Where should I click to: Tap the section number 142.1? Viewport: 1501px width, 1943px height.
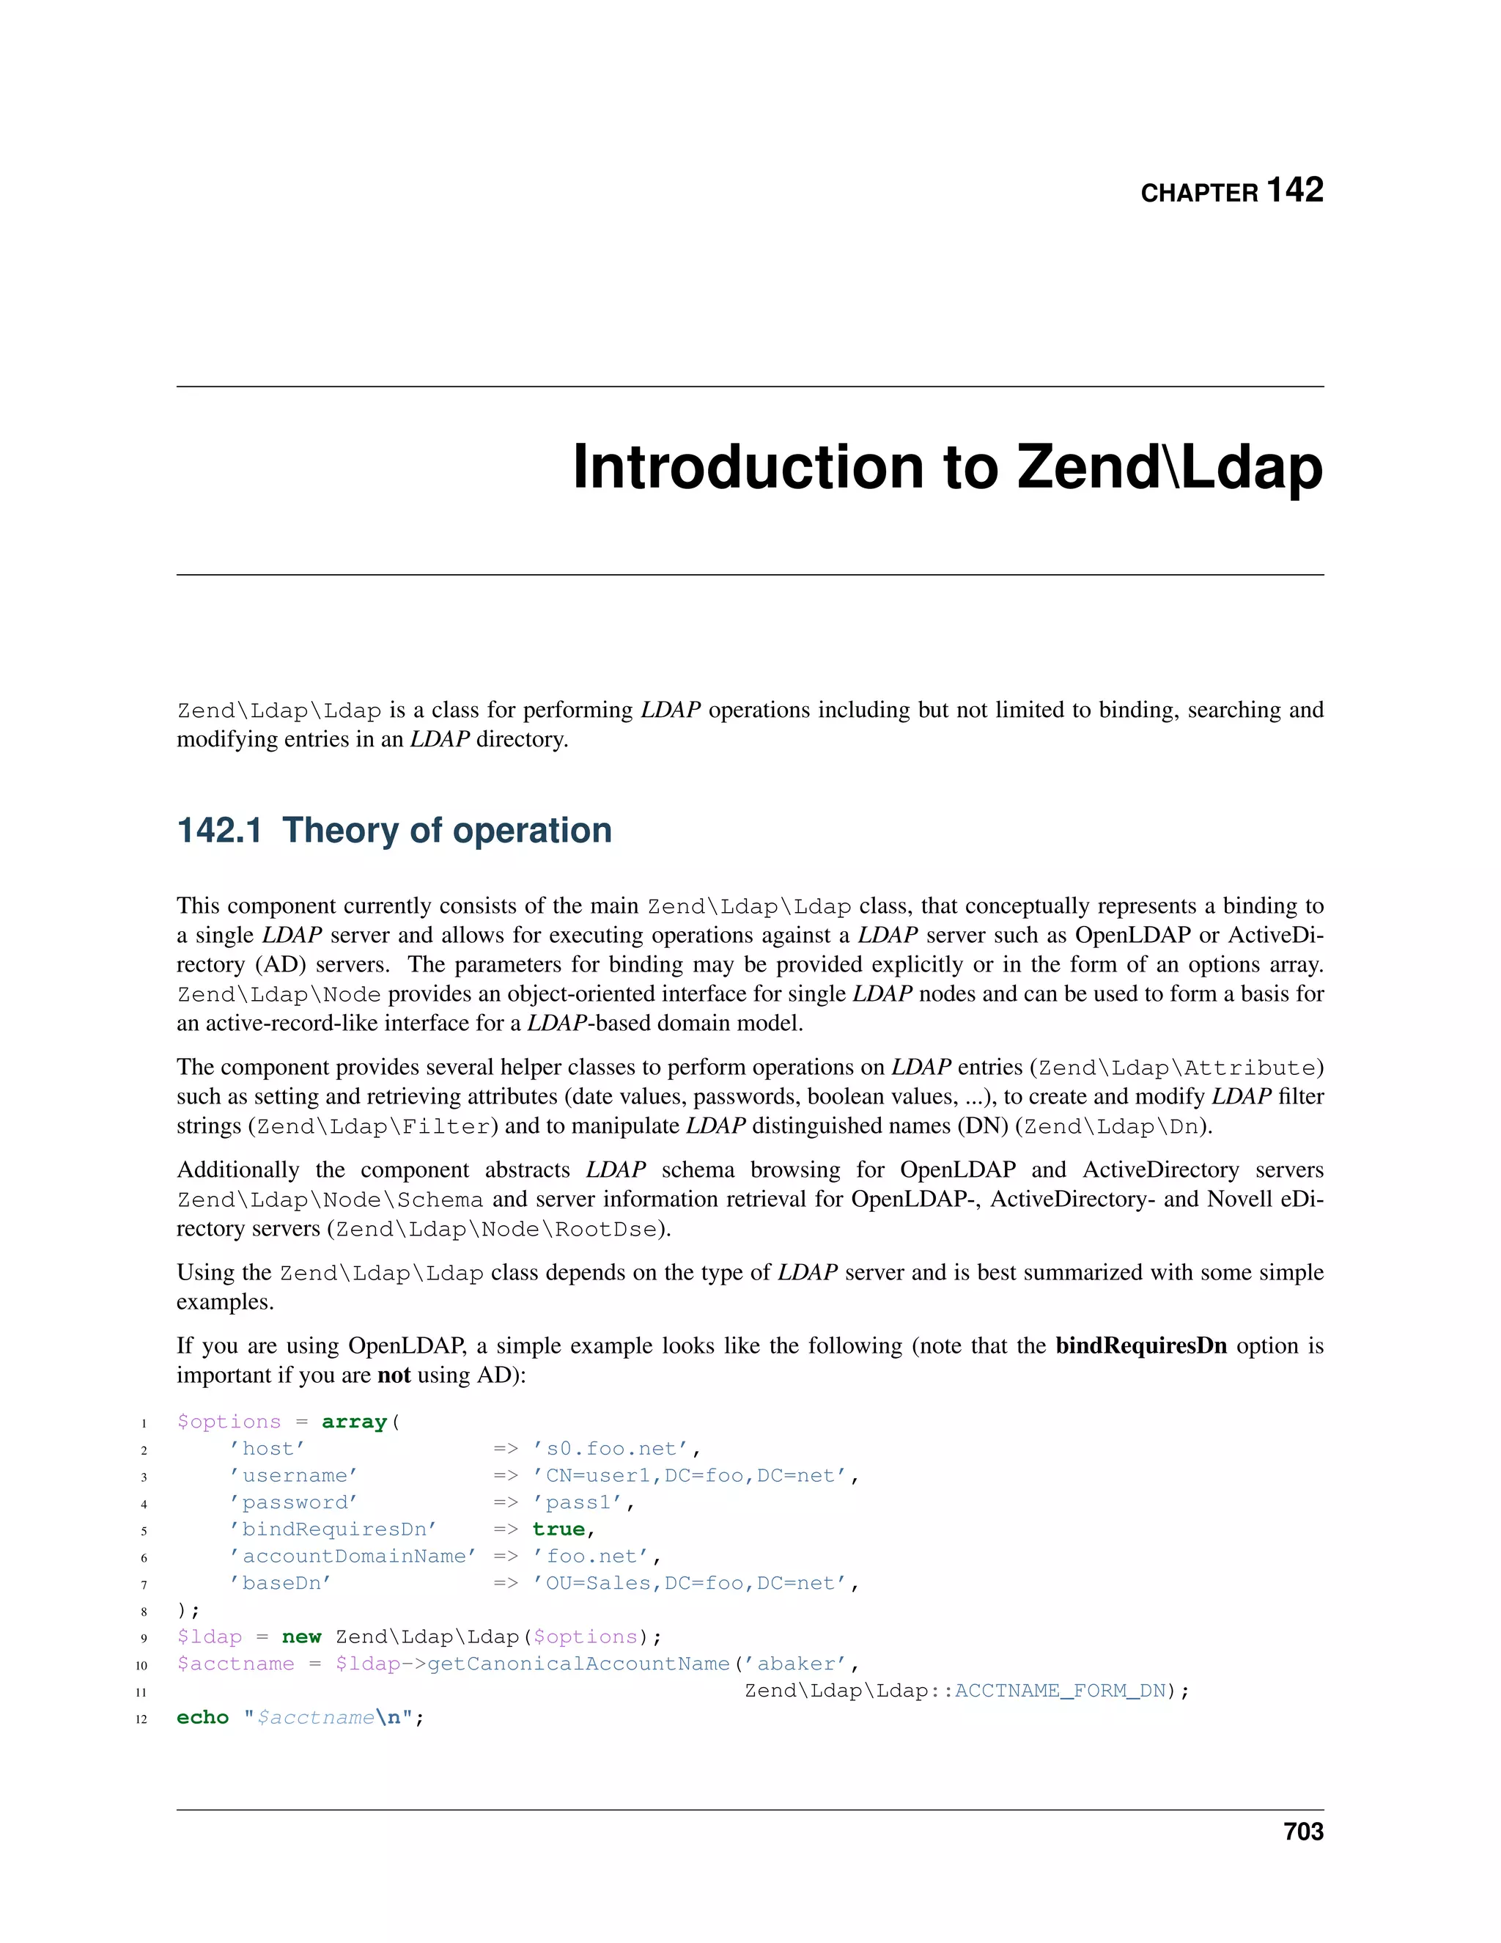tap(220, 830)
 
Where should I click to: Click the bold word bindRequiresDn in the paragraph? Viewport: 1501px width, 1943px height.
tap(1141, 1345)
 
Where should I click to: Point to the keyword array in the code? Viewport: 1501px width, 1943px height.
tap(354, 1422)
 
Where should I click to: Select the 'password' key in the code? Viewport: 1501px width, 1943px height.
tap(293, 1502)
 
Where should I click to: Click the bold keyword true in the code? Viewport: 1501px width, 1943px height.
tap(558, 1529)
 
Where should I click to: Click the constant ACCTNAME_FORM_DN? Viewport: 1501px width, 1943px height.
tap(1060, 1690)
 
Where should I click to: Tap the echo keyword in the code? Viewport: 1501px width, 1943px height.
tap(203, 1717)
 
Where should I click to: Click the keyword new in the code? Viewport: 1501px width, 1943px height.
tap(301, 1637)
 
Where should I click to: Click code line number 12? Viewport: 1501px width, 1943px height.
tap(141, 1719)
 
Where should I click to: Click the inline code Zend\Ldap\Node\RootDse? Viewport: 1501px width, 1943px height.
tap(497, 1229)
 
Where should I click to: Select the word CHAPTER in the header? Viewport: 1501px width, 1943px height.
tap(1198, 193)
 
